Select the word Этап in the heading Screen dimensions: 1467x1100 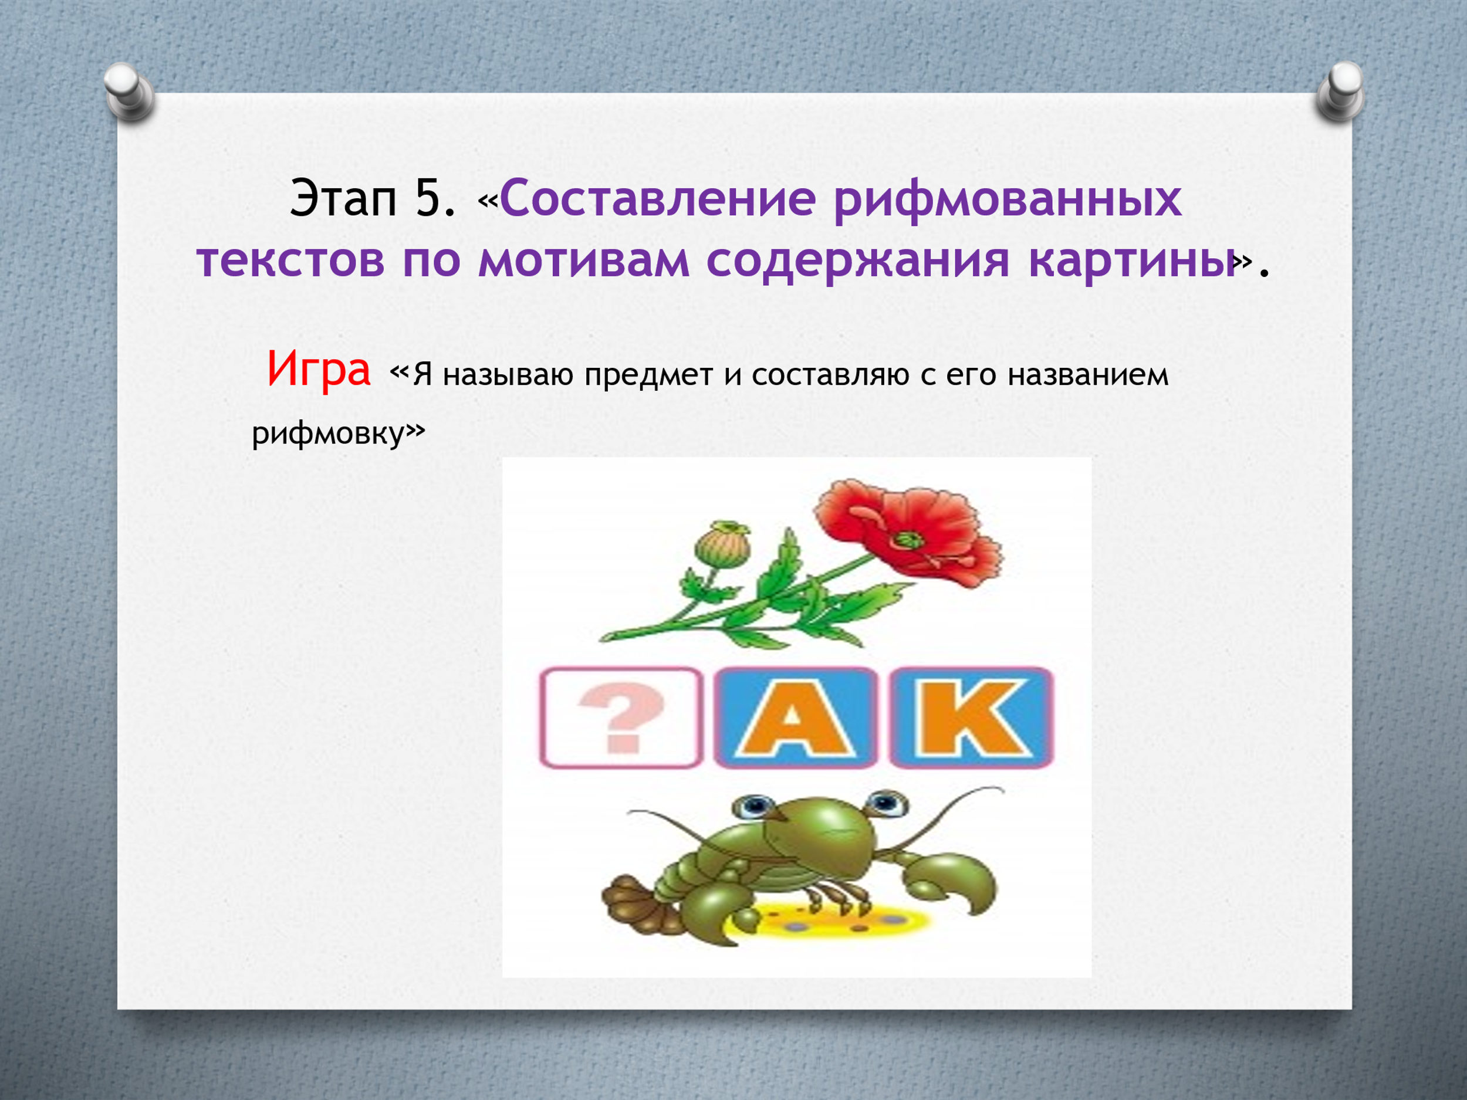[343, 198]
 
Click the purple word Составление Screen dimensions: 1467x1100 [657, 198]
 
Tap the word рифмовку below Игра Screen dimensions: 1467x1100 [328, 434]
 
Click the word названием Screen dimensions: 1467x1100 [1088, 375]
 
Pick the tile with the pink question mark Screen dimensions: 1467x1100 [621, 717]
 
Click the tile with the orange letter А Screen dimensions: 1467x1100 [795, 717]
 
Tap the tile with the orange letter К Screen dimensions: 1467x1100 [971, 717]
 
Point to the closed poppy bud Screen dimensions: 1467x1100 [722, 544]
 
